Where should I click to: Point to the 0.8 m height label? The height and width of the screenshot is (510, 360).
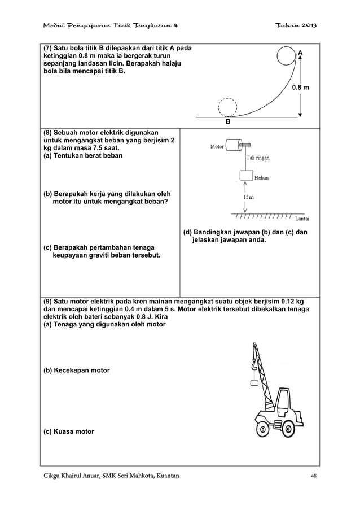(300, 88)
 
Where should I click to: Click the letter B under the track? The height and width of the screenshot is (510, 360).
(228, 121)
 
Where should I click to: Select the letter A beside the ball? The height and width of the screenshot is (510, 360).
(300, 53)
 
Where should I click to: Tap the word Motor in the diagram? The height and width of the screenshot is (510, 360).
(216, 147)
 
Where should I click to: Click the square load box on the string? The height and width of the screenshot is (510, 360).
(245, 177)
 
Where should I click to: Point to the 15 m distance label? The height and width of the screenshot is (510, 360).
(248, 197)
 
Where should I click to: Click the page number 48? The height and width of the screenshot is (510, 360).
(314, 476)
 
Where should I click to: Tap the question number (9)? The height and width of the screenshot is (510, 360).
(49, 301)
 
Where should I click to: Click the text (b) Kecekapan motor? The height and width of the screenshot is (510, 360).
(77, 370)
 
